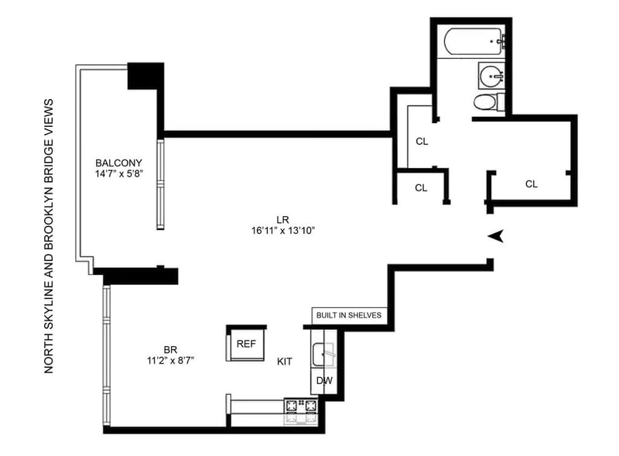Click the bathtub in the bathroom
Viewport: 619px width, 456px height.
(474, 42)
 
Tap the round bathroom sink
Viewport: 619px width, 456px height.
(491, 75)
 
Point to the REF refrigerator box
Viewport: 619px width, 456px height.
(246, 344)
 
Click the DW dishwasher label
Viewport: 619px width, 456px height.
(324, 381)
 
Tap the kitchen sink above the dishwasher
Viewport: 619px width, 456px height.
(323, 355)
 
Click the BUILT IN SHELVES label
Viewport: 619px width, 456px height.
(349, 315)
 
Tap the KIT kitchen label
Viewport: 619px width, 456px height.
(285, 362)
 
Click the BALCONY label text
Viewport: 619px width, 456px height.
(118, 163)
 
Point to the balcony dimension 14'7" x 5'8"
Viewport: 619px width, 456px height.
(118, 174)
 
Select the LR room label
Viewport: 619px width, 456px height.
(283, 220)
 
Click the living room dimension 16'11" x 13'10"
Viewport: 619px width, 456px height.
(283, 231)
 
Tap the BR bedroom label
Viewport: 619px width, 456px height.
(170, 350)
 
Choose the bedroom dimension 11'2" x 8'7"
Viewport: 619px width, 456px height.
(170, 361)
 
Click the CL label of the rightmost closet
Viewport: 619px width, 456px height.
(532, 183)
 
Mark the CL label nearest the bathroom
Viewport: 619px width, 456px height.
(422, 141)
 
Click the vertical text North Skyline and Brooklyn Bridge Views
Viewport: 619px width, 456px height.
(48, 236)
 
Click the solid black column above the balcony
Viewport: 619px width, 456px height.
(145, 76)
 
